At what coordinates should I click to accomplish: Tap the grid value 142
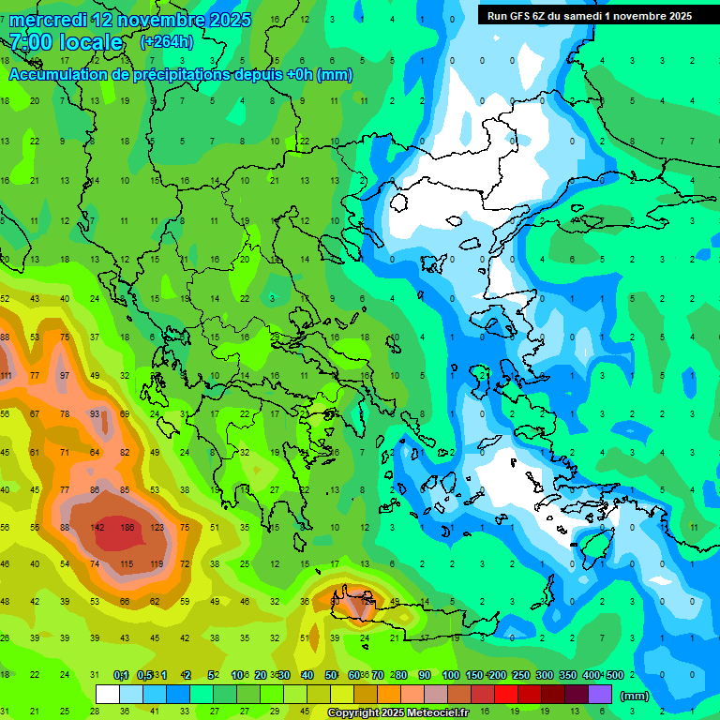tap(97, 527)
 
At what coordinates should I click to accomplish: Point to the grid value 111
tap(5, 376)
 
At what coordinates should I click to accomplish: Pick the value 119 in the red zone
tap(156, 563)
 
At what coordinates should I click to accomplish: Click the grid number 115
tap(127, 563)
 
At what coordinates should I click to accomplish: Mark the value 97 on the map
tap(65, 376)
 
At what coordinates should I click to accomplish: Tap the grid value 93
tap(95, 413)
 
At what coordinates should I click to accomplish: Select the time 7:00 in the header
tap(32, 42)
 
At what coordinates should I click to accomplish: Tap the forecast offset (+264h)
tap(166, 42)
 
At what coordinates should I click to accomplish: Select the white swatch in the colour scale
tap(108, 695)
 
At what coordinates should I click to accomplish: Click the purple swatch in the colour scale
tap(601, 695)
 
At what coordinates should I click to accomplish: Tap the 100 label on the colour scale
tap(450, 675)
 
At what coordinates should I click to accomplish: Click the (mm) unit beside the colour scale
tap(635, 697)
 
